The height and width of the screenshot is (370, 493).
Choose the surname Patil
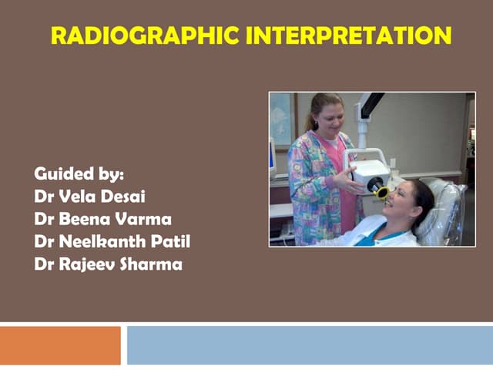170,242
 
